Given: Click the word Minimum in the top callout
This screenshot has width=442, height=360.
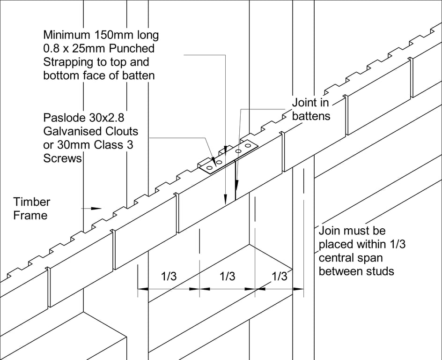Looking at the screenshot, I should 66,35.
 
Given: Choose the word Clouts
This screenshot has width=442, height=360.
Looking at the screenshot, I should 123,131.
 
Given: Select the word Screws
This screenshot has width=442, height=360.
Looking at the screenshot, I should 63,158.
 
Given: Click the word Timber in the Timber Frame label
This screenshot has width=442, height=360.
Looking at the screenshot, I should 31,202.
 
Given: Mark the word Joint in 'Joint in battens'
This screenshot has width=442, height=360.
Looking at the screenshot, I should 303,102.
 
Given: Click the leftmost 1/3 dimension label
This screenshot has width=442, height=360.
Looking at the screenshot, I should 169,277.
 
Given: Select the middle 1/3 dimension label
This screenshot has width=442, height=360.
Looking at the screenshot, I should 227,277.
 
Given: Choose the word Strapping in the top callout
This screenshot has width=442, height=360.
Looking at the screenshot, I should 70,62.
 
